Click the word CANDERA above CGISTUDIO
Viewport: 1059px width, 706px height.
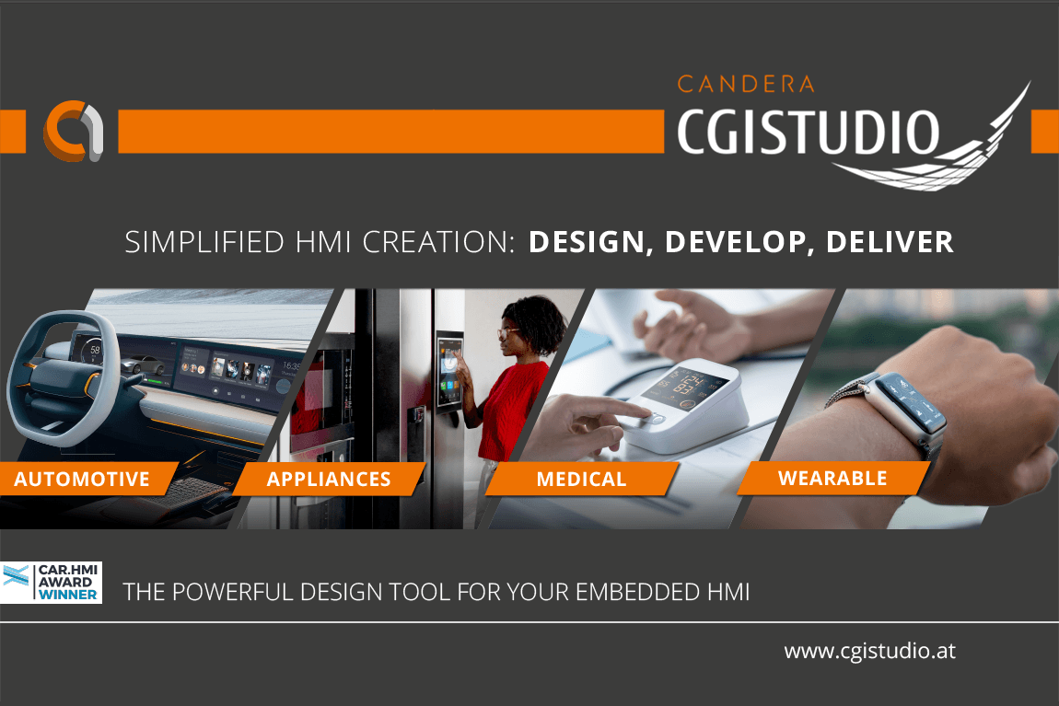[746, 85]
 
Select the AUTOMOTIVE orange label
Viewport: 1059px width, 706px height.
[82, 479]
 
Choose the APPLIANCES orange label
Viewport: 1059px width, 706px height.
[329, 479]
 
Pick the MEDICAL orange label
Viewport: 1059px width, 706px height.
[581, 479]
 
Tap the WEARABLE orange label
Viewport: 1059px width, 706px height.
[832, 478]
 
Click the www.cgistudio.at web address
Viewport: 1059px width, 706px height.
[869, 651]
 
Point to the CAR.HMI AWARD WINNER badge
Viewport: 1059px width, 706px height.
[52, 584]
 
